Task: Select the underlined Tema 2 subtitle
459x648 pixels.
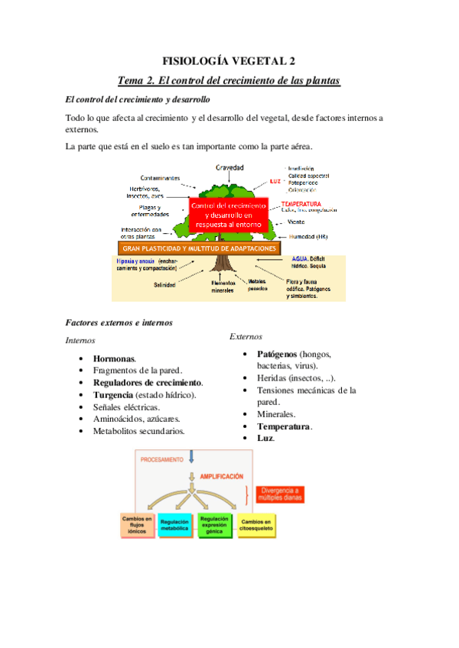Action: pyautogui.click(x=229, y=80)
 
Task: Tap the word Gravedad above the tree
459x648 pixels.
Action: pyautogui.click(x=229, y=167)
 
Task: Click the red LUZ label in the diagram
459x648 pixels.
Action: pyautogui.click(x=276, y=182)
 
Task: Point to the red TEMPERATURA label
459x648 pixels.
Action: pyautogui.click(x=301, y=204)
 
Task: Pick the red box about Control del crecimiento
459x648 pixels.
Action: pyautogui.click(x=229, y=215)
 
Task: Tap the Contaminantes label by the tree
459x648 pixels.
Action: pyautogui.click(x=160, y=178)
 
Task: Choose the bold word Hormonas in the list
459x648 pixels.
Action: pyautogui.click(x=114, y=358)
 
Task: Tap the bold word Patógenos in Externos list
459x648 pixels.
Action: pyautogui.click(x=276, y=355)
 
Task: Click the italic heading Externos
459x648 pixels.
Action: pyautogui.click(x=246, y=336)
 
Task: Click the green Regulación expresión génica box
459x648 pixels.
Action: pyautogui.click(x=215, y=525)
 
